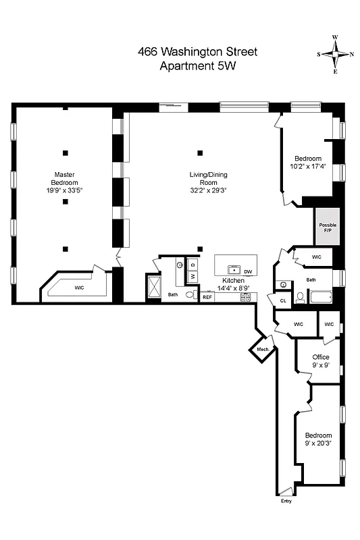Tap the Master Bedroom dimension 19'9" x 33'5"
(x=65, y=190)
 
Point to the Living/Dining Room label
(x=208, y=178)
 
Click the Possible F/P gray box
(x=328, y=227)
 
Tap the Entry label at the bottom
(x=287, y=501)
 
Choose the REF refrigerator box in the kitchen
(x=207, y=296)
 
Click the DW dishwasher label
(x=248, y=271)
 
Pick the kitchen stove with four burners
(x=245, y=296)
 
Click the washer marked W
(x=192, y=276)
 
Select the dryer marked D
(x=192, y=264)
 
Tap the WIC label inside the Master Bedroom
(x=79, y=288)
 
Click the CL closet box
(x=282, y=300)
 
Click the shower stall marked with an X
(x=153, y=286)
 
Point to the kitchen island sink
(x=234, y=269)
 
